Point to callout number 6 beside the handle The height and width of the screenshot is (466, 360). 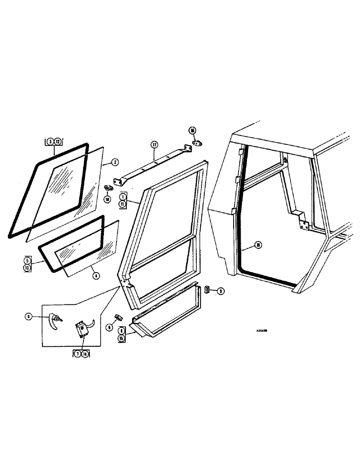29,316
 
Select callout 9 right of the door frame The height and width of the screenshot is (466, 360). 221,291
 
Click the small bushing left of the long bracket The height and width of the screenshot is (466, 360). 109,188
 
